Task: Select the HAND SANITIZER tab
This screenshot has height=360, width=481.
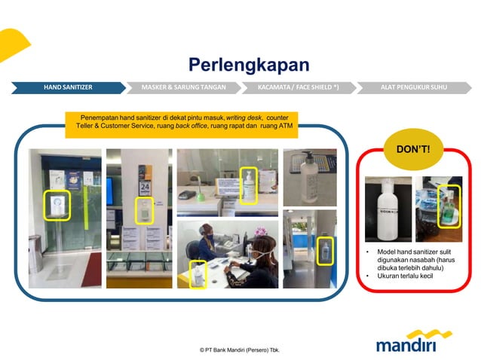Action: pos(68,87)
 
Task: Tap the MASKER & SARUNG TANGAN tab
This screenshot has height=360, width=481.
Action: pos(183,87)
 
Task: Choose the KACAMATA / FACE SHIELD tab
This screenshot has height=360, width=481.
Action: pos(298,87)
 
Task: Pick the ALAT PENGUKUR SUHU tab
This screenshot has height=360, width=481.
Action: pos(413,87)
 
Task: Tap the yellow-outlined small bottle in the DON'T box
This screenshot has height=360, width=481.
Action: pos(449,206)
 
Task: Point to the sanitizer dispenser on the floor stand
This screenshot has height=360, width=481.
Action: pos(54,205)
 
